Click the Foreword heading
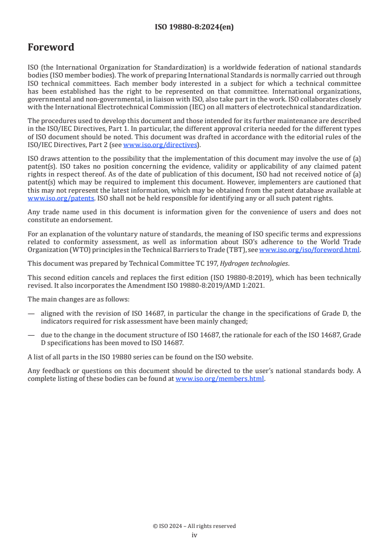pos(51,48)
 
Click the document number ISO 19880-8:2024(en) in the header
pos(194,27)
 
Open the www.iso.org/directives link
pos(160,145)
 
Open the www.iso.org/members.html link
pos(220,378)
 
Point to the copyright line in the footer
pos(194,526)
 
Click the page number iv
pos(194,535)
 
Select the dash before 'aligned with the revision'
pos(31,314)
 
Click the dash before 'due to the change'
pos(31,335)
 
